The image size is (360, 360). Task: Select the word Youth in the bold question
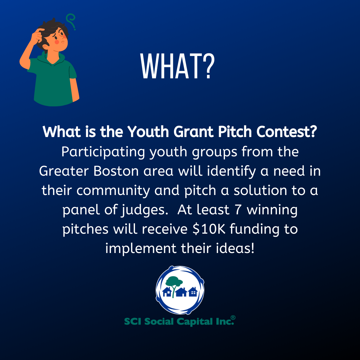click(x=148, y=132)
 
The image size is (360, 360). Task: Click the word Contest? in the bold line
click(x=287, y=132)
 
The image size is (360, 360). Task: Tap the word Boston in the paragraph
click(x=116, y=171)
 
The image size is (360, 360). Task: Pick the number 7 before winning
click(x=238, y=210)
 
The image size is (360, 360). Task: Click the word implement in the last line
click(x=141, y=249)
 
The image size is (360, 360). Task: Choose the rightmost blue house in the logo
click(x=193, y=292)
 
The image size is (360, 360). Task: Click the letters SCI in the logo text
click(x=132, y=321)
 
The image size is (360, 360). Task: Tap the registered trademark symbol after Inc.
click(x=233, y=318)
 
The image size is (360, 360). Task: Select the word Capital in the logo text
click(x=195, y=322)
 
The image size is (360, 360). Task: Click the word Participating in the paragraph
click(x=103, y=152)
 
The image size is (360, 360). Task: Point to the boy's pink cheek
click(x=57, y=42)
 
